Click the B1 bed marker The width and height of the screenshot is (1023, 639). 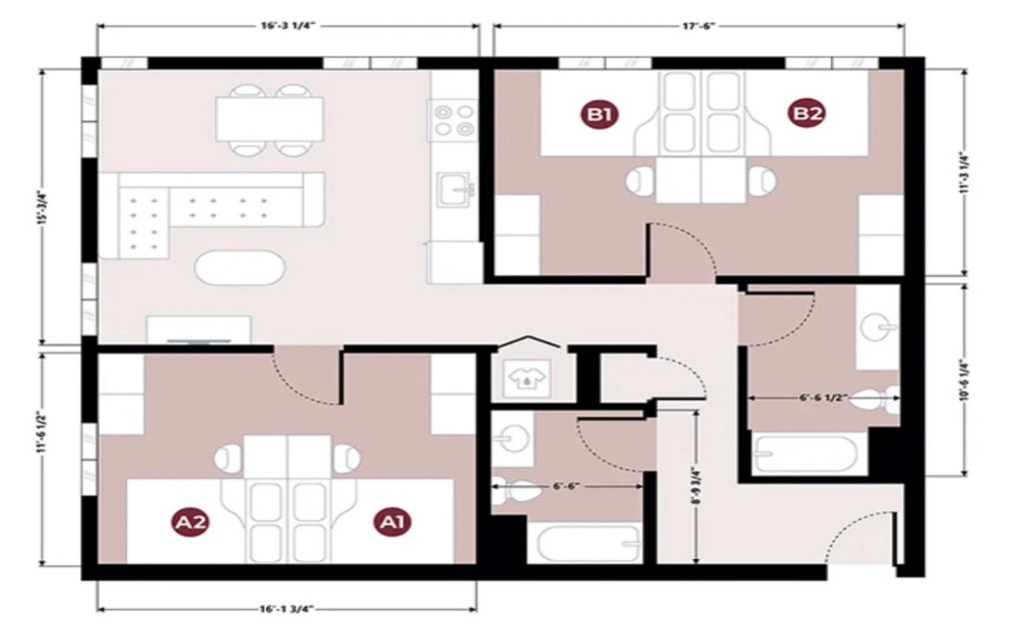[599, 114]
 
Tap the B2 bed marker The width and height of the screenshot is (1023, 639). [807, 114]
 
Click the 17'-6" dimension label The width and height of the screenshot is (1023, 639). [698, 26]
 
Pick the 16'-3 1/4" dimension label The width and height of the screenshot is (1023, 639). [288, 26]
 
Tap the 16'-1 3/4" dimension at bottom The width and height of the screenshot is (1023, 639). [287, 609]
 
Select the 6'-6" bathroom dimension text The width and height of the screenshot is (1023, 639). [566, 486]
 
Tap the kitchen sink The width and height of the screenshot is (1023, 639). [455, 189]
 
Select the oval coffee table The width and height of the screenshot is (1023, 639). [240, 267]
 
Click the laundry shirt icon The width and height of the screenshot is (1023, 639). [524, 378]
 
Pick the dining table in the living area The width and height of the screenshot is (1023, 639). [270, 119]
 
